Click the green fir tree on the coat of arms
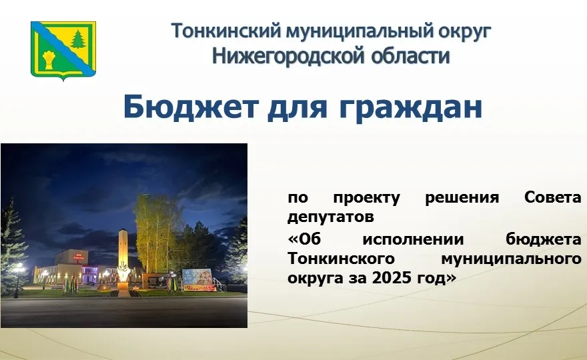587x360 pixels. click(x=79, y=39)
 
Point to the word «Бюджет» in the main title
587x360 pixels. click(x=189, y=107)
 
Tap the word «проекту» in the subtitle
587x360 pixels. click(x=366, y=198)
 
